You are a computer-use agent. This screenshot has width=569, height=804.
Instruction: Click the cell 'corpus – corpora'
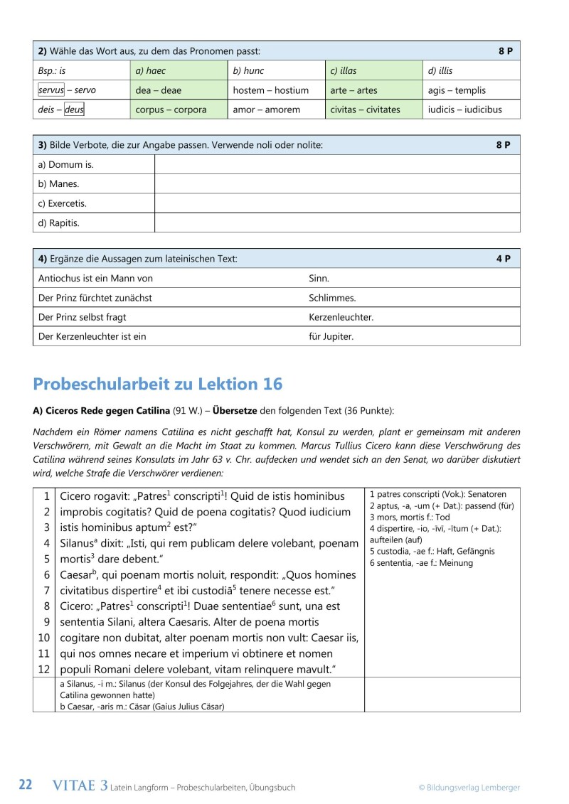coord(171,110)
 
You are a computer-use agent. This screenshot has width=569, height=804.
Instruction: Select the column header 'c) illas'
coord(342,71)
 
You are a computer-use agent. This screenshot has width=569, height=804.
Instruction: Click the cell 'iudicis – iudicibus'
coord(464,110)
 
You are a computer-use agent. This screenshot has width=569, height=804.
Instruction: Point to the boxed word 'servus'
coord(50,90)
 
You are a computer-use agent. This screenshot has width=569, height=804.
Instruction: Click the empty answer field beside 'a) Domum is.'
coord(337,164)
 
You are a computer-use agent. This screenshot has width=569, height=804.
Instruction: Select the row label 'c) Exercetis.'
coord(62,203)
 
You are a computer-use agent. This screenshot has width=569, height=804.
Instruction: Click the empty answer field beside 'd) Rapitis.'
coord(337,223)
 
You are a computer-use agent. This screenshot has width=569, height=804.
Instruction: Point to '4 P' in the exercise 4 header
coord(503,259)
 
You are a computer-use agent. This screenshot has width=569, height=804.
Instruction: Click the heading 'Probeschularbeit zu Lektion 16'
coord(157,385)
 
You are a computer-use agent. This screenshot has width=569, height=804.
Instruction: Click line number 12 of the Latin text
coord(44,669)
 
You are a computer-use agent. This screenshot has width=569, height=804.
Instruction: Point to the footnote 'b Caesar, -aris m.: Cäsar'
coord(142,706)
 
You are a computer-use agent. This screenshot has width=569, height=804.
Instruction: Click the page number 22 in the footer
coord(26,786)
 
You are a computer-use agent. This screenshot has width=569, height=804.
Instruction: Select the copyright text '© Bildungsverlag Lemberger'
coord(469,787)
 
